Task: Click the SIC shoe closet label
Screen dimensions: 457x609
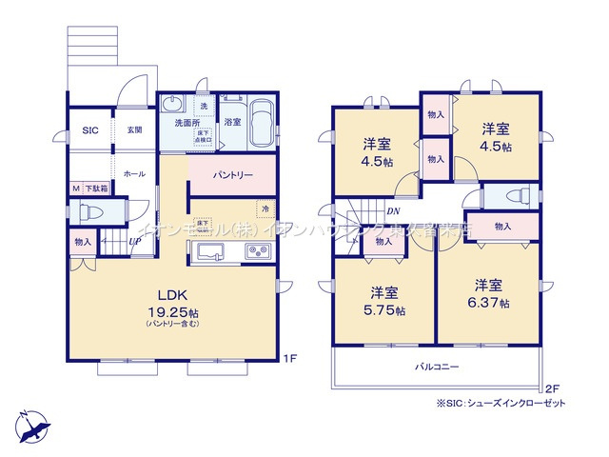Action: point(89,130)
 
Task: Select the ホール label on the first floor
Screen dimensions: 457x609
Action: point(133,174)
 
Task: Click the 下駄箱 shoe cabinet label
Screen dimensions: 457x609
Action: point(96,189)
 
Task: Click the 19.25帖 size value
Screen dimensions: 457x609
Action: point(170,311)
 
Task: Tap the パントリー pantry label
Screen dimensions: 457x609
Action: point(232,175)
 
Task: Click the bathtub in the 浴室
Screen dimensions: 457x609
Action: point(263,126)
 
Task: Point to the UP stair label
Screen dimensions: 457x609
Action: point(136,241)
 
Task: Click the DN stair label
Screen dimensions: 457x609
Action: point(392,211)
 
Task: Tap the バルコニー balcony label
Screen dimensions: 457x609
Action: point(436,366)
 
